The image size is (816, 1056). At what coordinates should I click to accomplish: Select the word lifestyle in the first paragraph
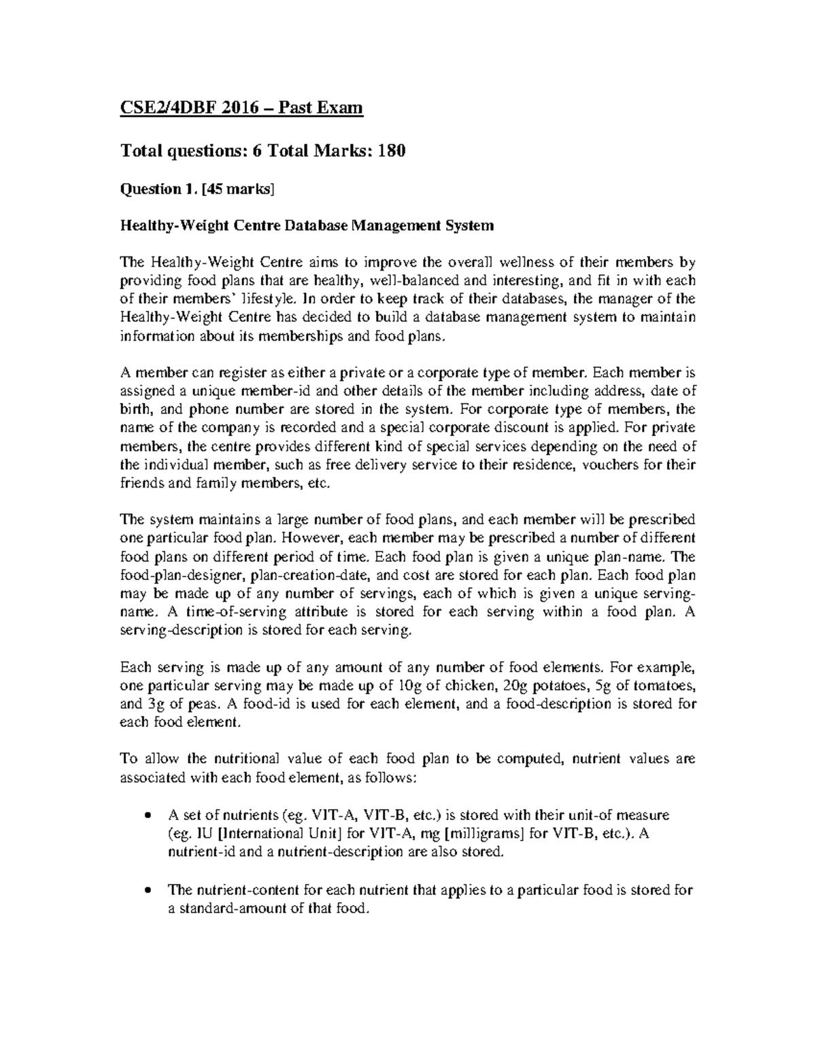tap(267, 299)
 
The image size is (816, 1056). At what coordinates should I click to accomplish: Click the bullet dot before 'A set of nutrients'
tap(149, 815)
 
